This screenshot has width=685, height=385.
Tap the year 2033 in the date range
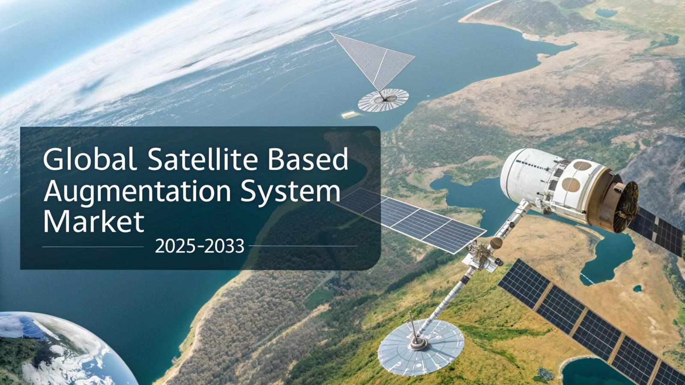[x=224, y=246]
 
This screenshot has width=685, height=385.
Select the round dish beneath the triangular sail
[x=383, y=100]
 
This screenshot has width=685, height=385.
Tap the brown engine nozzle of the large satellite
[x=621, y=203]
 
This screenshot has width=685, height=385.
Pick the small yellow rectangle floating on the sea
[x=351, y=115]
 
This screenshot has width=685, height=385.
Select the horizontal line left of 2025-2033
[x=93, y=246]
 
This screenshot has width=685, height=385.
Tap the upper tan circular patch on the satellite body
[x=582, y=166]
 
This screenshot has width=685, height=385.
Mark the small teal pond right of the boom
[x=637, y=288]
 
